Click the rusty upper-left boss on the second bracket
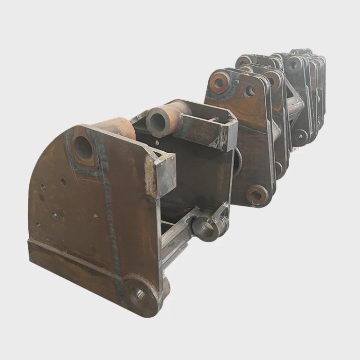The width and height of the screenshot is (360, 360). click(x=220, y=82)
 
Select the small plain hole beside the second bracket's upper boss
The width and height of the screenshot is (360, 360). click(x=250, y=92)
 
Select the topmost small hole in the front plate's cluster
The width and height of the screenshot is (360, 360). click(x=63, y=182)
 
